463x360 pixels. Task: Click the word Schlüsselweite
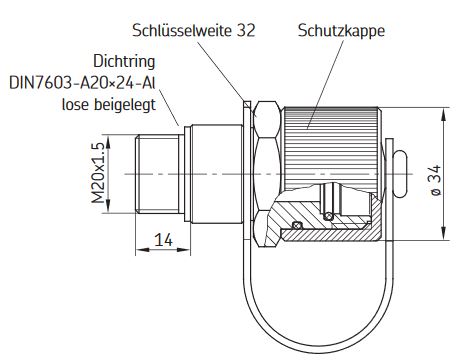pyautogui.click(x=182, y=30)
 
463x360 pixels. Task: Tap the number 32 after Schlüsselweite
pyautogui.click(x=246, y=30)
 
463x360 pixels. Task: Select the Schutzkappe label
pyautogui.click(x=341, y=31)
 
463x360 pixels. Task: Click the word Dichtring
pyautogui.click(x=124, y=61)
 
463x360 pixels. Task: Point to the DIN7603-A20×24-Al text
pyautogui.click(x=82, y=83)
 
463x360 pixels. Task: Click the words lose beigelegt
pyautogui.click(x=109, y=104)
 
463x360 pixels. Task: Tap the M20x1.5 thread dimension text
pyautogui.click(x=99, y=173)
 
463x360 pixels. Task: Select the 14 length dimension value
pyautogui.click(x=163, y=240)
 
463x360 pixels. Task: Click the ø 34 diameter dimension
pyautogui.click(x=436, y=180)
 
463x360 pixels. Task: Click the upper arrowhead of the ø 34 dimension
pyautogui.click(x=443, y=115)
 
